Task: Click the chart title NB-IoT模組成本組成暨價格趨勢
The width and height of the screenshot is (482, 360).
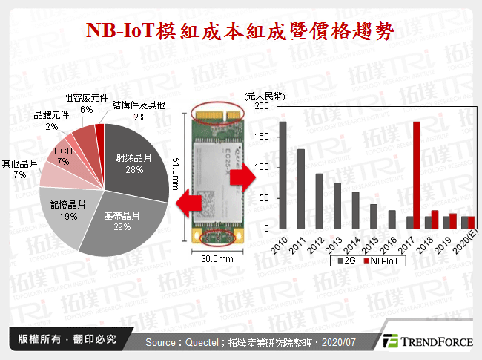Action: coord(240,31)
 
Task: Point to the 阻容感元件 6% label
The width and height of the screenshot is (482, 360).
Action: coord(86,103)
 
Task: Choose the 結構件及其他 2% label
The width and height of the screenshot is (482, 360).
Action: coord(139,111)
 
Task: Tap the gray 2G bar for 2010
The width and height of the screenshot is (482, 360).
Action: coord(283,175)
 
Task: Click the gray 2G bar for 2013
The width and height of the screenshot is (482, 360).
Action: coord(337,206)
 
